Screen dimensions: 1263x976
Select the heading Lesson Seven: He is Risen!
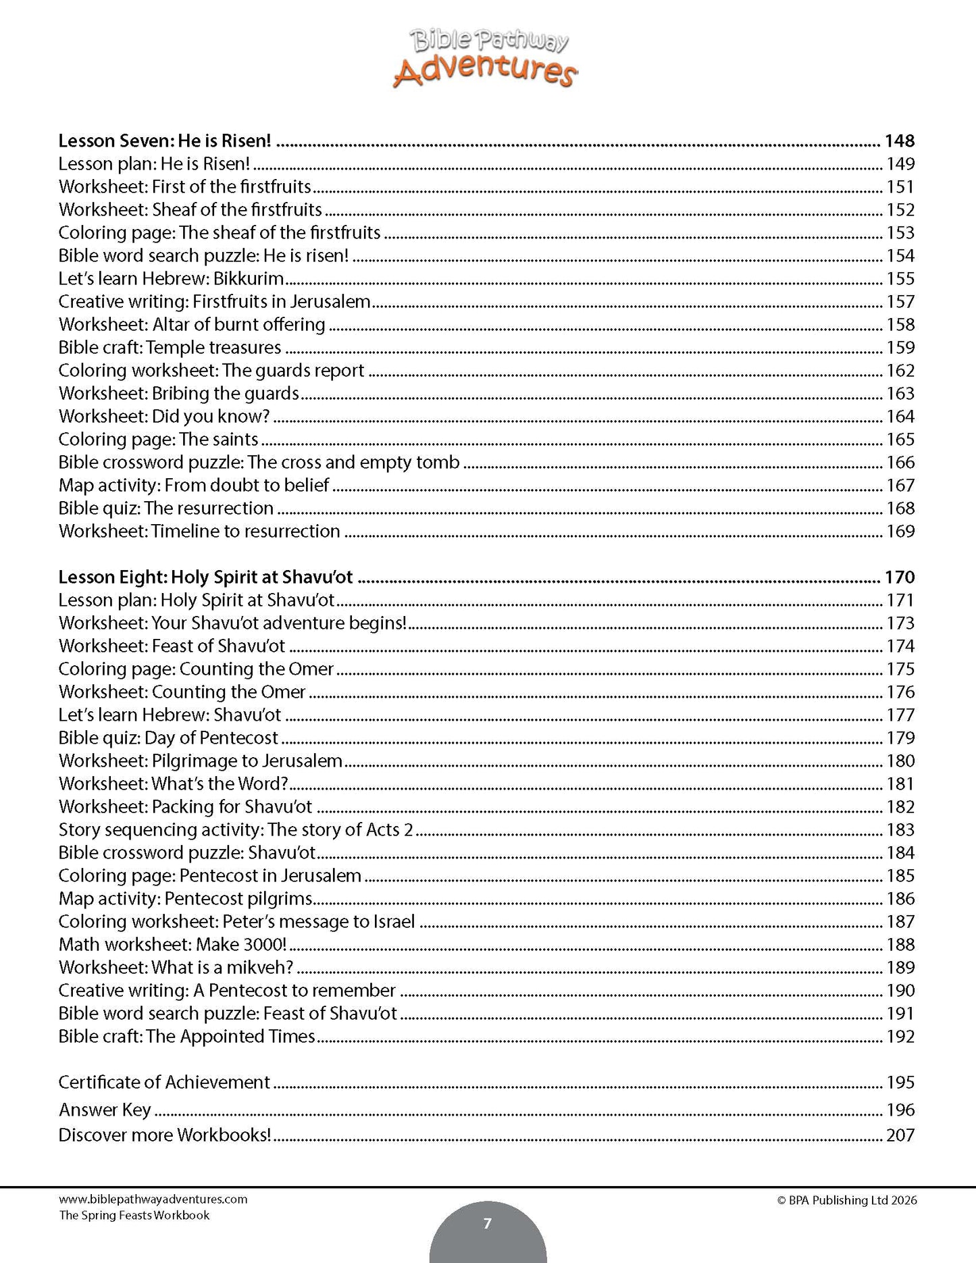tap(164, 140)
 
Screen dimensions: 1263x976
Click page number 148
tap(899, 140)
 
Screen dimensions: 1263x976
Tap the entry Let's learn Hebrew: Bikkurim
tap(171, 278)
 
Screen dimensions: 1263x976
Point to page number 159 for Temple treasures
tap(900, 347)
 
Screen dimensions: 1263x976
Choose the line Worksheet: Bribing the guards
tap(179, 393)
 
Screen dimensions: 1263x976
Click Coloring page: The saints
tap(158, 439)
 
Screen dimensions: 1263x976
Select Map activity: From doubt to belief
tap(194, 485)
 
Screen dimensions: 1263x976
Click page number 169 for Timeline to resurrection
tap(900, 531)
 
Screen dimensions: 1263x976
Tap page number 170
tap(899, 577)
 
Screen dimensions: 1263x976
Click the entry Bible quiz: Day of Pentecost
tap(168, 738)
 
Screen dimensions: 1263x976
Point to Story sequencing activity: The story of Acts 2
tap(236, 829)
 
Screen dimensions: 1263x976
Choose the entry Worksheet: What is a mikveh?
tap(176, 967)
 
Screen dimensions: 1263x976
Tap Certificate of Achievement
tap(164, 1082)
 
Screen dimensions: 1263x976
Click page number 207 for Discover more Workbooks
tap(900, 1135)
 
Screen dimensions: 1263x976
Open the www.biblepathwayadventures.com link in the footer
tap(153, 1200)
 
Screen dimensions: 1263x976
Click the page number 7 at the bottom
tap(488, 1223)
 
